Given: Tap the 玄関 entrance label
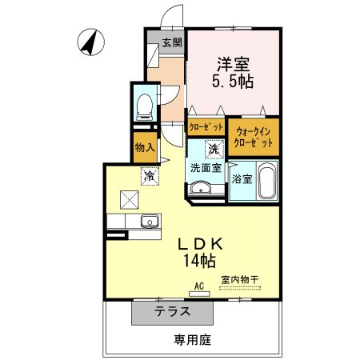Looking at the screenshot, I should (x=172, y=43).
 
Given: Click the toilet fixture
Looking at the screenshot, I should (x=144, y=104).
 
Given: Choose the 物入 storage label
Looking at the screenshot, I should (x=144, y=147).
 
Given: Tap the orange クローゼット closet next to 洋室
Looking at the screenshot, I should (x=206, y=126).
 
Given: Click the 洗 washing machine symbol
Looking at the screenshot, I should (x=214, y=148).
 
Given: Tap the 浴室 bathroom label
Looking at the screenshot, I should (x=242, y=179).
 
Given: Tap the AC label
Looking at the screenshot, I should (x=199, y=285).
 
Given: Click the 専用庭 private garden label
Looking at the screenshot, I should (x=192, y=338).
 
